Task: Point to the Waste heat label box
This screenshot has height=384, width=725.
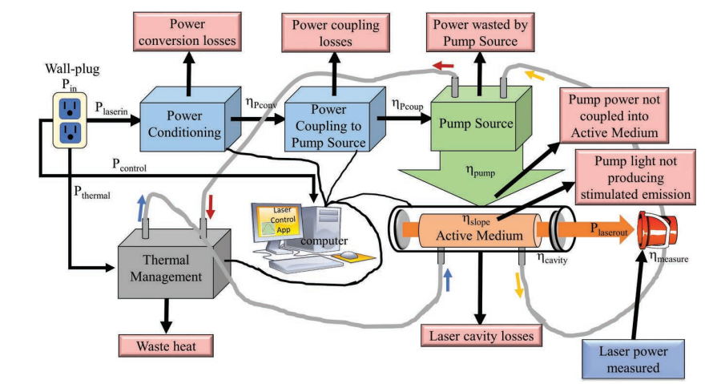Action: (167, 346)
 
